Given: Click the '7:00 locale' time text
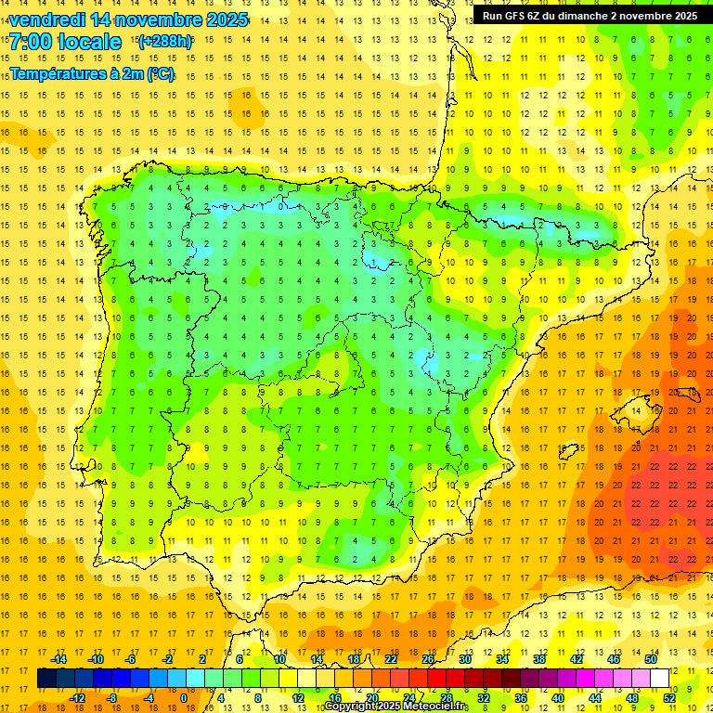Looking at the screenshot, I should (65, 42).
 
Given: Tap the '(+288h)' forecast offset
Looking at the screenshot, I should (164, 42).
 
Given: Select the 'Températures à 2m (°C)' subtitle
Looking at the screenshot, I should (92, 74).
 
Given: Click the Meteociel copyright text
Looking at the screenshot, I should (395, 707).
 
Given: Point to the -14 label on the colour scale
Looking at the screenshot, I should (60, 659).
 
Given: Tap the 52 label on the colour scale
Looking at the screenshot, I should (668, 698).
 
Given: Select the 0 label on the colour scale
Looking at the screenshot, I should (184, 698).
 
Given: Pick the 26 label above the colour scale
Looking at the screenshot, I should (428, 659).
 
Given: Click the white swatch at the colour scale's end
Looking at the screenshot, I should (660, 679).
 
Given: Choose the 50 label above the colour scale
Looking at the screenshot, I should (651, 659).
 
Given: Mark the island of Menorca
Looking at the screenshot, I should (689, 377).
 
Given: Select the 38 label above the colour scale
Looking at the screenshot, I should (539, 659).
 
